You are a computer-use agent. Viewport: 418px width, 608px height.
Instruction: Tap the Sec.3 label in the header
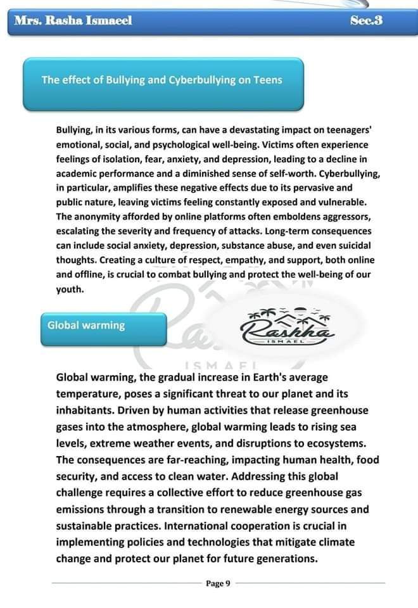(x=366, y=21)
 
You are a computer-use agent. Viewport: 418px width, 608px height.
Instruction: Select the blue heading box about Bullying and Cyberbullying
(x=162, y=81)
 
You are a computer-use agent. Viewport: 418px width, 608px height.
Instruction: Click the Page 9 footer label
(x=218, y=583)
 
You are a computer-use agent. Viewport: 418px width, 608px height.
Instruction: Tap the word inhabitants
(x=85, y=410)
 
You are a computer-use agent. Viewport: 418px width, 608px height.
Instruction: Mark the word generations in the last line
(x=285, y=558)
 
